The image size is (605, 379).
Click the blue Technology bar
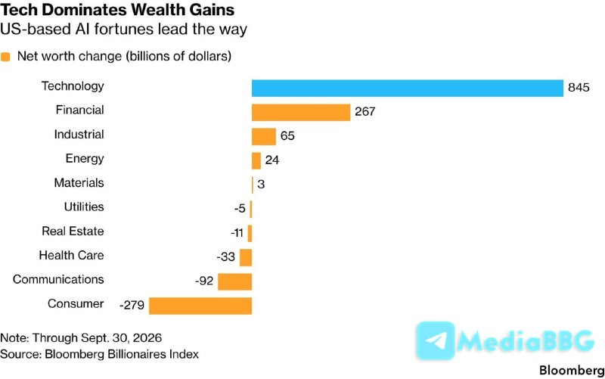[x=408, y=89]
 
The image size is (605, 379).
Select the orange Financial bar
[x=301, y=112]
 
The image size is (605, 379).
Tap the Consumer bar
[x=200, y=306]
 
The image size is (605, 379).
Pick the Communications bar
[x=235, y=281]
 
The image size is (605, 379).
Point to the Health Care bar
[x=246, y=257]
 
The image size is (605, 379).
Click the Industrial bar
[x=264, y=137]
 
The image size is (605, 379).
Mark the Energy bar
[x=256, y=161]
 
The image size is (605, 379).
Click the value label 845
[x=579, y=88]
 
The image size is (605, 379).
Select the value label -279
[x=132, y=306]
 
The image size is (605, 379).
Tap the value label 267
[x=365, y=111]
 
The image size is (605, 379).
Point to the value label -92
[x=204, y=281]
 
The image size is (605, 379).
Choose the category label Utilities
[x=84, y=207]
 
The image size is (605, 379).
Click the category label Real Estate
[x=73, y=231]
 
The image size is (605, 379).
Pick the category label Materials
[x=79, y=182]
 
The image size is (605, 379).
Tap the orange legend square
[x=5, y=57]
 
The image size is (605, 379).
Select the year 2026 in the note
[x=147, y=338]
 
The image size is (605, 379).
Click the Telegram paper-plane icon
[x=436, y=340]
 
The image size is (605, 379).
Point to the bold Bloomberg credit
[x=572, y=371]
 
